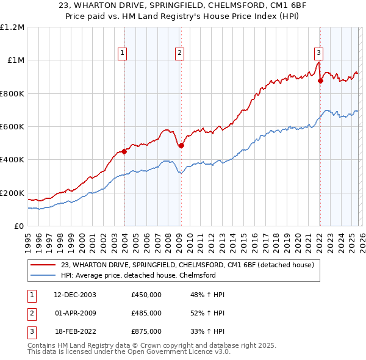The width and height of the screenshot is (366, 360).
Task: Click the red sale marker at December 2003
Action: [124, 152]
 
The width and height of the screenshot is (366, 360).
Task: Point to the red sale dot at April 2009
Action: [181, 145]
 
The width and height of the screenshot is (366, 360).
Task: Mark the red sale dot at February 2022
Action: [320, 81]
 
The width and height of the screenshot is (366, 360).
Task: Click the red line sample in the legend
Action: [44, 265]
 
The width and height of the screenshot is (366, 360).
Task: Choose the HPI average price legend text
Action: [138, 275]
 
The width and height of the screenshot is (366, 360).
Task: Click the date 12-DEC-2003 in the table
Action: [74, 295]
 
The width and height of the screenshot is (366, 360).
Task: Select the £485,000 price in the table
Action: [146, 313]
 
